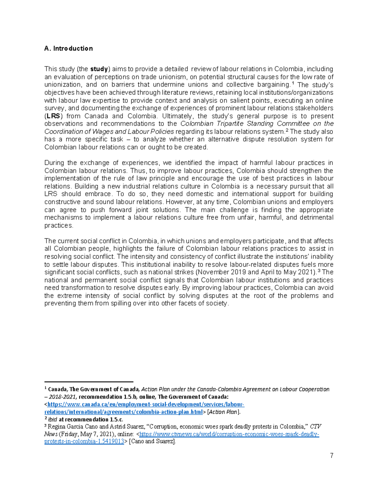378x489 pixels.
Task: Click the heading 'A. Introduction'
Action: tap(68, 48)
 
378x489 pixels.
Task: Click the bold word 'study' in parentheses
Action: tap(99, 69)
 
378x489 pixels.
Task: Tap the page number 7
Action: tap(331, 455)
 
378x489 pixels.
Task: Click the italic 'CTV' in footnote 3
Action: tap(315, 427)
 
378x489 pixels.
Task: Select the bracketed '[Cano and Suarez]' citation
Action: tap(152, 441)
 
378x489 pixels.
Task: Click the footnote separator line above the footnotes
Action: tap(89, 381)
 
